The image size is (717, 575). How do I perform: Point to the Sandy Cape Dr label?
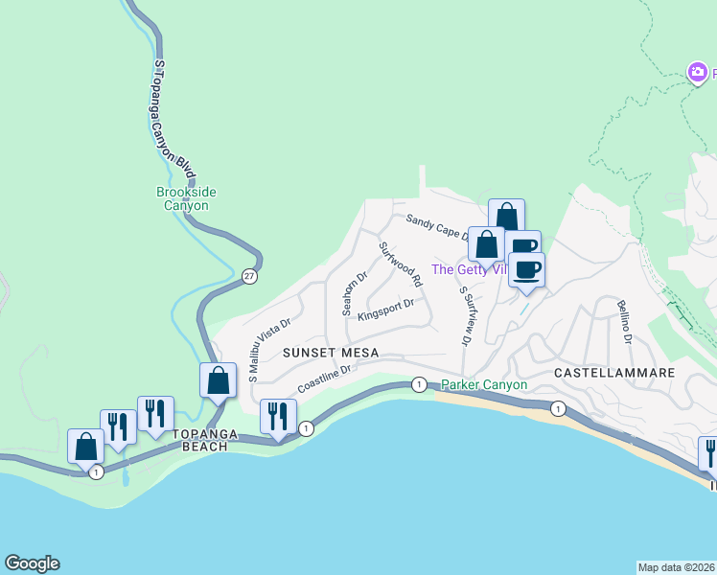[x=436, y=227]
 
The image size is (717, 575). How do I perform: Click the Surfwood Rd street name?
[x=401, y=264]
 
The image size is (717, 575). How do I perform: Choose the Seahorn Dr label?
[x=354, y=294]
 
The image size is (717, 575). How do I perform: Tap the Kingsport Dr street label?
[x=384, y=310]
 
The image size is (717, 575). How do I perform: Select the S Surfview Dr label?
[x=466, y=314]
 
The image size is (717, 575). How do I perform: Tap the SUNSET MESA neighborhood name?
[x=331, y=353]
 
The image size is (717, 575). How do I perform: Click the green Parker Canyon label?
[x=484, y=385]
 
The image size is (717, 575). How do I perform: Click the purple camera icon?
[x=699, y=72]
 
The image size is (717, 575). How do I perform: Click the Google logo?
[x=31, y=563]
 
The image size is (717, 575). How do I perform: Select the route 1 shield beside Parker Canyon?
[x=418, y=384]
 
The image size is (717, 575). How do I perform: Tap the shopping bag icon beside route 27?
[x=219, y=380]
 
